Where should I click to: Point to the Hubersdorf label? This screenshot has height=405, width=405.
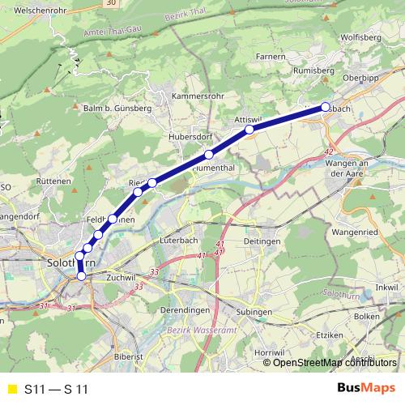point(190,138)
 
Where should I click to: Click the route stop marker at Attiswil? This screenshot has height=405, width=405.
point(249,130)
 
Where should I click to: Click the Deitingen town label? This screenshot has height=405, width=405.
point(262,241)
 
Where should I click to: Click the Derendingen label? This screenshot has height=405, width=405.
point(185,311)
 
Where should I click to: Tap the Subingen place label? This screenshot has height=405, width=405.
point(256,312)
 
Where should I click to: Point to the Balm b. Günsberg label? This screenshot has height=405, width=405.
point(117,108)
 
